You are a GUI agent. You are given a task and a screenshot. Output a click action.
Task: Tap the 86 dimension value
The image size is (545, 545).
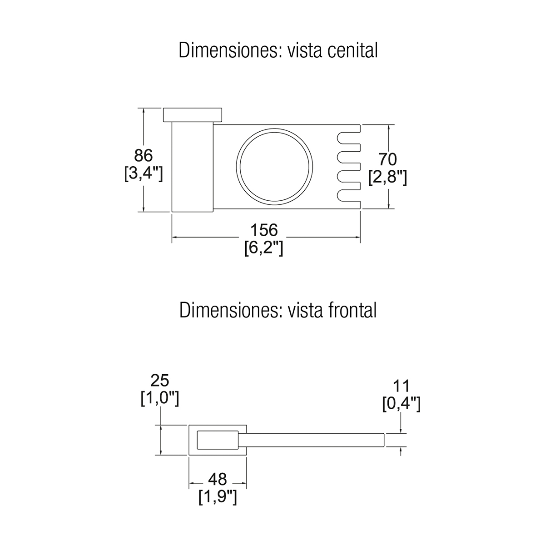click(x=143, y=155)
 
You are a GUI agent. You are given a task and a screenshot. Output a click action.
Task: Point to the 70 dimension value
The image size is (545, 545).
click(x=387, y=159)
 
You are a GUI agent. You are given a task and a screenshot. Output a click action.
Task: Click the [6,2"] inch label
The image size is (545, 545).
click(x=263, y=248)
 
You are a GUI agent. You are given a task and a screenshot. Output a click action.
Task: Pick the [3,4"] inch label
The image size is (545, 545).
click(x=144, y=173)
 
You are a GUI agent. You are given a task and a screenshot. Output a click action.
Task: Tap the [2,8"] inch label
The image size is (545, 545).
click(x=387, y=177)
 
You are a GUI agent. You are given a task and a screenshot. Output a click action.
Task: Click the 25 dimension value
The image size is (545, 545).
click(x=159, y=381)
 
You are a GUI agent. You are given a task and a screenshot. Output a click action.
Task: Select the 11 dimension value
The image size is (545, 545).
click(x=401, y=386)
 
